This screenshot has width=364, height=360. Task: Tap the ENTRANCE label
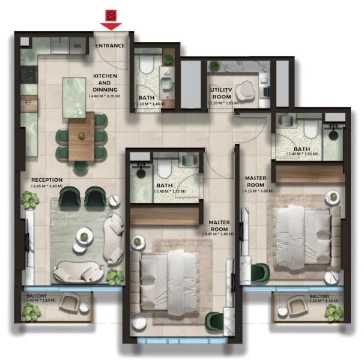[111, 46]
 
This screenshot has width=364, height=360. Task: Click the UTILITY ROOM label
[221, 94]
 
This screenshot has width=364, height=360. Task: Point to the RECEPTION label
[47, 179]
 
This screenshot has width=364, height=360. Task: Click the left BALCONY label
[40, 295]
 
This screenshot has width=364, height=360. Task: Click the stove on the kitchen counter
[29, 75]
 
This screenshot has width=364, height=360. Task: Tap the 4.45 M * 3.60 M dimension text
[219, 235]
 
